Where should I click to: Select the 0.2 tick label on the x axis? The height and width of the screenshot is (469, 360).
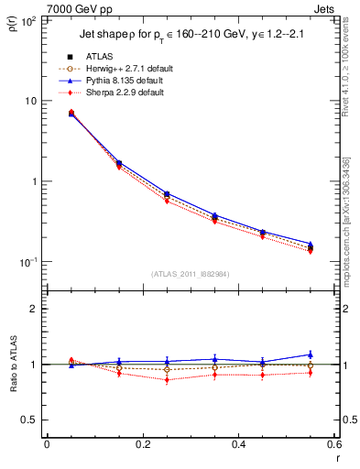[x=142, y=443]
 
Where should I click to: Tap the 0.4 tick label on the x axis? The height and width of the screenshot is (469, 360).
[x=237, y=443]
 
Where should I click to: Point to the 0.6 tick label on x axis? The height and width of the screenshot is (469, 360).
[x=332, y=443]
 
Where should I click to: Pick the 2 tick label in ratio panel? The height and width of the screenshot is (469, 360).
[x=34, y=309]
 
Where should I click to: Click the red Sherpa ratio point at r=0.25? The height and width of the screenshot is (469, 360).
[x=167, y=379]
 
